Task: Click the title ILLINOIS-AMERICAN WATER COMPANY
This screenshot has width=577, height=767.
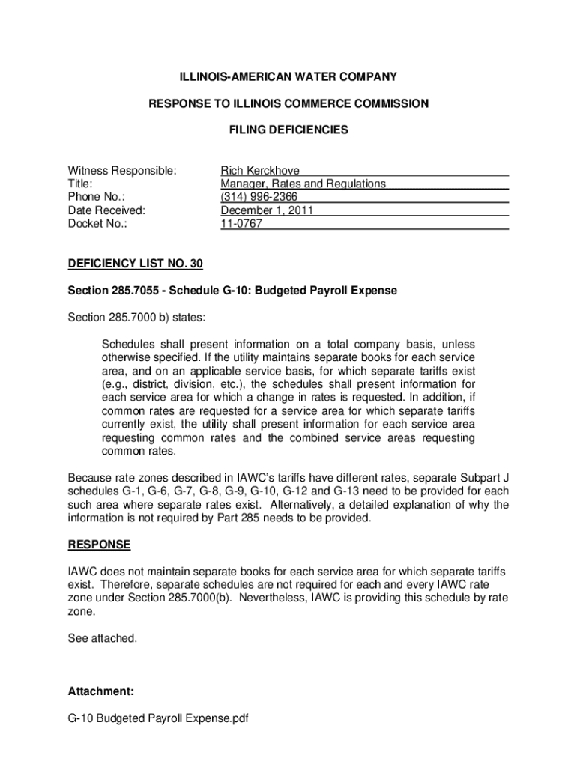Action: (288, 77)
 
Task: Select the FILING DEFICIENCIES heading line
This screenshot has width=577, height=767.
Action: (288, 130)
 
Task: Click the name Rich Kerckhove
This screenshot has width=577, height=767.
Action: (259, 170)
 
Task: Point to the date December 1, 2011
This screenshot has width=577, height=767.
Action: (266, 210)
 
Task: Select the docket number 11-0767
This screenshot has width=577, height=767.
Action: (241, 224)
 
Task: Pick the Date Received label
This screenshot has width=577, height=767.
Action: (106, 210)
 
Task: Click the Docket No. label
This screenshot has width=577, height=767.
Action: (97, 224)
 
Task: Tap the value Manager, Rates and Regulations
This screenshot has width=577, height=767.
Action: (303, 184)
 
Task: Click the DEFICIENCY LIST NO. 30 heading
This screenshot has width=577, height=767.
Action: (136, 264)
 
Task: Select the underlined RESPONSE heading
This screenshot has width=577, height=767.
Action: (100, 545)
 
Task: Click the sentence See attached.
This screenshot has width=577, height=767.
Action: (103, 638)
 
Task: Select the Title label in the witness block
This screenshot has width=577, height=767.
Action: (80, 184)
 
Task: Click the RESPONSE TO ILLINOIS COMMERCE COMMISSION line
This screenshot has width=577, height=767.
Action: (288, 103)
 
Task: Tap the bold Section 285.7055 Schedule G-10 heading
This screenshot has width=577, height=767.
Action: (232, 290)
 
